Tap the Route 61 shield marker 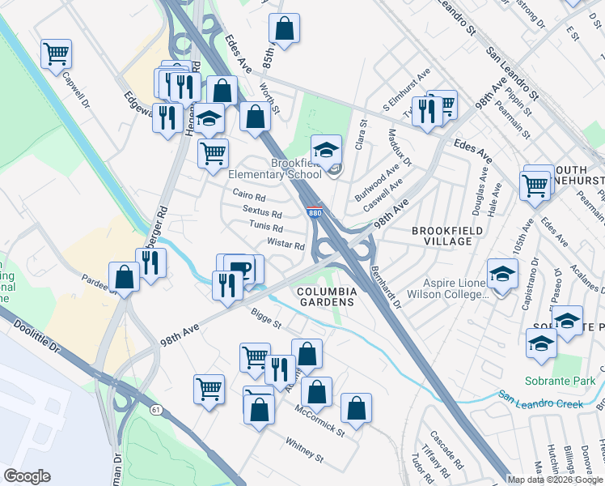155,410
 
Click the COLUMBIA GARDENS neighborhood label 326,296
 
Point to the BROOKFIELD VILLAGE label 442,236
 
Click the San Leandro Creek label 540,399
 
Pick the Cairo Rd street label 249,195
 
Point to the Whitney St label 304,450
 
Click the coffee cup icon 239,268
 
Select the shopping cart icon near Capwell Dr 57,54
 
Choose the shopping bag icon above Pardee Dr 125,278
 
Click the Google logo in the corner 27,476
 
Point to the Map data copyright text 555,480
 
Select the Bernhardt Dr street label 386,288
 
